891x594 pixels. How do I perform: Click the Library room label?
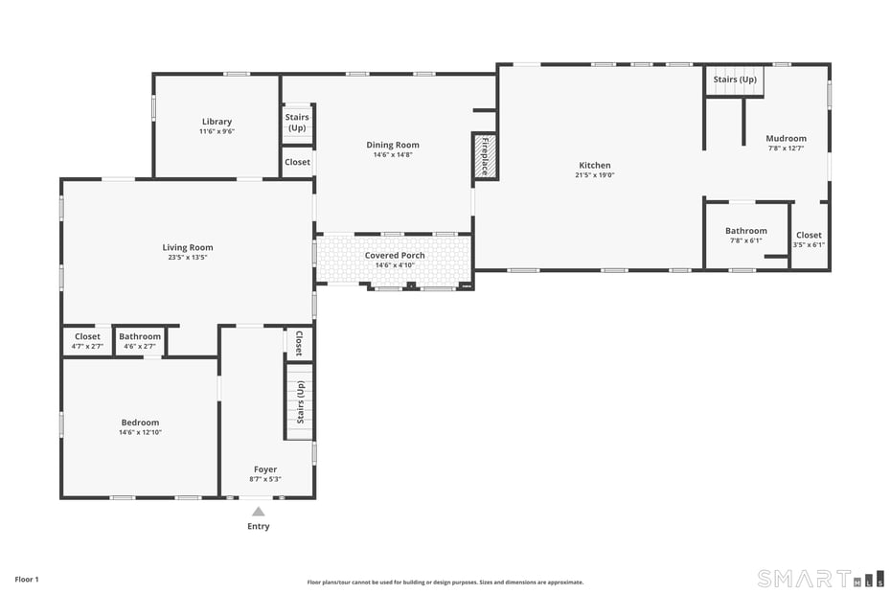pos(217,122)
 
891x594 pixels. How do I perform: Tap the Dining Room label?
pos(393,145)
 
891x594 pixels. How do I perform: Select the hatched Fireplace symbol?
pos(484,155)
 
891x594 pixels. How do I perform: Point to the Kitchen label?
pos(594,166)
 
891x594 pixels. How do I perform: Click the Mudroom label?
pos(786,139)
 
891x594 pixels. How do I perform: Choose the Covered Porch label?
pos(394,256)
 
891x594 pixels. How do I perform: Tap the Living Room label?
pos(187,248)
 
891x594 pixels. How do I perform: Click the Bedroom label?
pos(140,423)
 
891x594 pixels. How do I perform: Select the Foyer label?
pos(265,469)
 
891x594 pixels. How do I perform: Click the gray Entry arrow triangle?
pos(259,512)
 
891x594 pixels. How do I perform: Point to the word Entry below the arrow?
pos(259,526)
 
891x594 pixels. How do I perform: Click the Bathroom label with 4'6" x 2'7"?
pos(140,337)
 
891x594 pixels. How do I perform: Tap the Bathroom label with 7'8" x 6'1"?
pos(745,231)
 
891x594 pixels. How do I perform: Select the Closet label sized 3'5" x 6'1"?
pos(809,236)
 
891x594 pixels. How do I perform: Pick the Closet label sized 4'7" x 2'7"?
pos(87,337)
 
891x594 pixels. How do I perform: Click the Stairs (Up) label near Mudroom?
pos(735,80)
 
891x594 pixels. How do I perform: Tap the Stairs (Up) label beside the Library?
pos(297,123)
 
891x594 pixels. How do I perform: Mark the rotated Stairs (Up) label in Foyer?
pos(300,401)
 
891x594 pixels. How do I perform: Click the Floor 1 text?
pos(27,580)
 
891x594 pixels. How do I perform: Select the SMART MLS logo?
pos(820,578)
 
